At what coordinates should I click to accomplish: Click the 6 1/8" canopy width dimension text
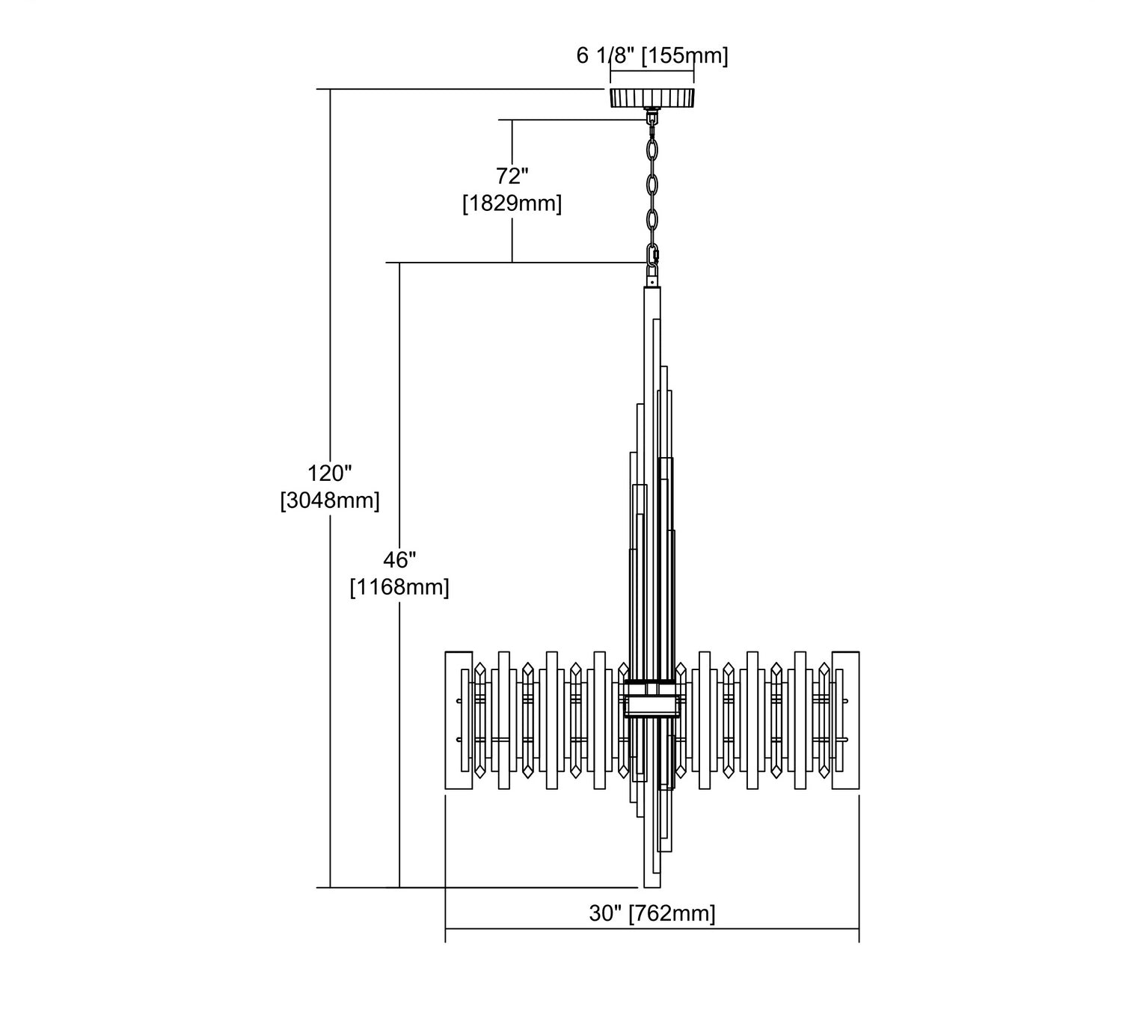coord(606,56)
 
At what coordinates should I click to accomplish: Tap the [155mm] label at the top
coord(684,56)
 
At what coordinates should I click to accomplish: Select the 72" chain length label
coord(512,177)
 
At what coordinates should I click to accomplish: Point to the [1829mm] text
coord(512,203)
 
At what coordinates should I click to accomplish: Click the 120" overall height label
coord(329,473)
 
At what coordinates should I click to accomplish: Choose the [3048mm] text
coord(329,500)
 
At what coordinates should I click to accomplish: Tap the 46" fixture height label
coord(399,559)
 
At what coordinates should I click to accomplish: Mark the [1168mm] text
coord(399,587)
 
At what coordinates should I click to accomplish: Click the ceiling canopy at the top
coord(652,97)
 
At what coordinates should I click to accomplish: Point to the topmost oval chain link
coord(652,150)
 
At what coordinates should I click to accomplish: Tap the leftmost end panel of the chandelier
coord(459,720)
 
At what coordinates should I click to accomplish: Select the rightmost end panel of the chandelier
coord(845,720)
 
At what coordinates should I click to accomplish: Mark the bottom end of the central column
coord(652,887)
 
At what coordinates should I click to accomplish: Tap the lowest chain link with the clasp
coord(652,257)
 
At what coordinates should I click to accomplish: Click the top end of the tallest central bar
coord(652,287)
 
